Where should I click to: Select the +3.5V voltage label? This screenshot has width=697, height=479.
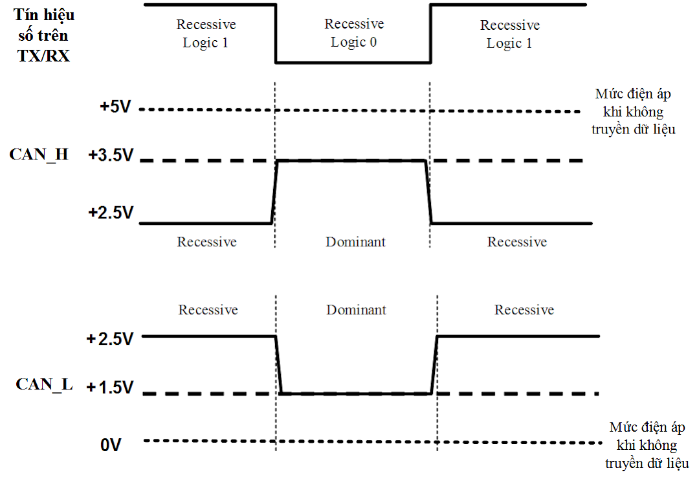(x=111, y=156)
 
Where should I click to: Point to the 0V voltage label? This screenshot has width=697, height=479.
(x=111, y=445)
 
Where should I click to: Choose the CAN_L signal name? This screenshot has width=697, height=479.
(x=44, y=384)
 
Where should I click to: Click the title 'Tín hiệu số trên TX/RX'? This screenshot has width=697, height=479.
(x=44, y=35)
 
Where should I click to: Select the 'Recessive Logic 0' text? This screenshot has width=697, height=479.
(x=354, y=33)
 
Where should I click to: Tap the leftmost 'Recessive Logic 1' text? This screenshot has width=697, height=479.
(x=206, y=34)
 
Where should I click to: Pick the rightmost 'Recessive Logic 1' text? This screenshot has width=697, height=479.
(x=509, y=34)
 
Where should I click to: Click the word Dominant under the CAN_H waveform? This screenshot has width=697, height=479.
(x=355, y=242)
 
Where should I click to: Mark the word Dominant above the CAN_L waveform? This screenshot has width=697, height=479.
(x=356, y=310)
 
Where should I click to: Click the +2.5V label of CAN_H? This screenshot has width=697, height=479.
(x=111, y=213)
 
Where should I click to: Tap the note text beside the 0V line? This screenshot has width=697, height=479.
(x=647, y=445)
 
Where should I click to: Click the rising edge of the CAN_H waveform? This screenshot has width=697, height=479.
(x=274, y=193)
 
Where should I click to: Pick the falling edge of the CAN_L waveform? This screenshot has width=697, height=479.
(x=279, y=364)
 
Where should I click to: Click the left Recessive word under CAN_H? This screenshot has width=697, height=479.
(x=207, y=242)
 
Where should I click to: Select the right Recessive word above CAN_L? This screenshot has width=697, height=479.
(x=524, y=310)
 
